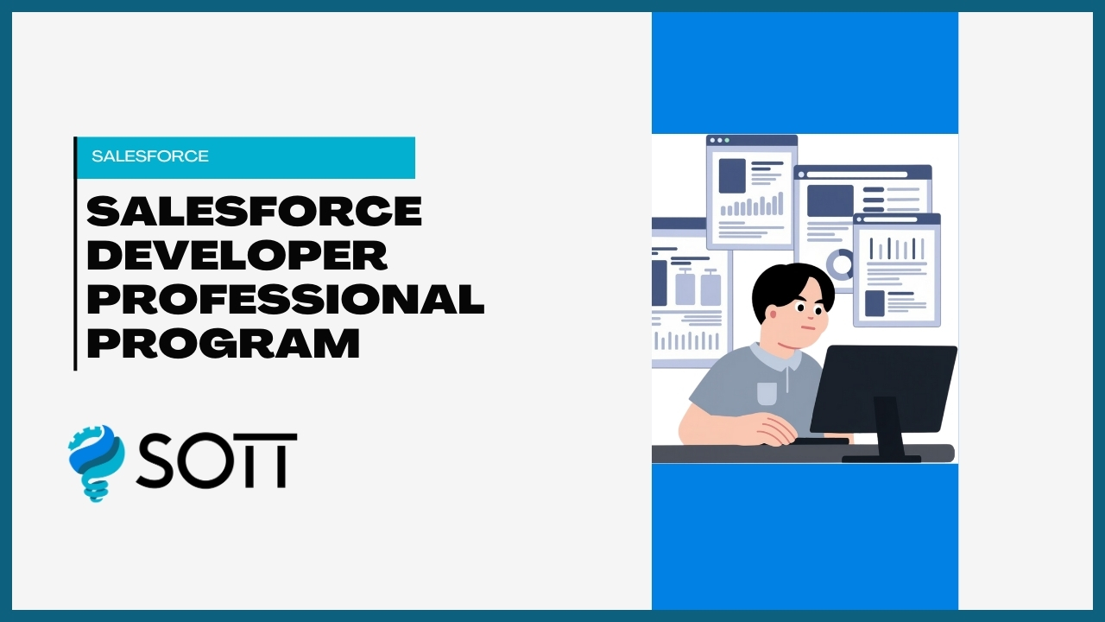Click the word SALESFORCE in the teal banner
click(x=150, y=156)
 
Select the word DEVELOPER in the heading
click(x=237, y=256)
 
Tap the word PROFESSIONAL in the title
click(x=285, y=299)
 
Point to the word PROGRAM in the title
click(x=223, y=343)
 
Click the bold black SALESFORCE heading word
click(x=254, y=212)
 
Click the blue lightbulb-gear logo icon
click(x=96, y=462)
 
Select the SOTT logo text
click(x=216, y=460)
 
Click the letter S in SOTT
click(x=155, y=460)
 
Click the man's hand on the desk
click(x=768, y=428)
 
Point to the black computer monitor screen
click(x=882, y=387)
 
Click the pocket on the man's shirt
click(x=767, y=394)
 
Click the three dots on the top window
click(x=718, y=140)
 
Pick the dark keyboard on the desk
click(x=820, y=441)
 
